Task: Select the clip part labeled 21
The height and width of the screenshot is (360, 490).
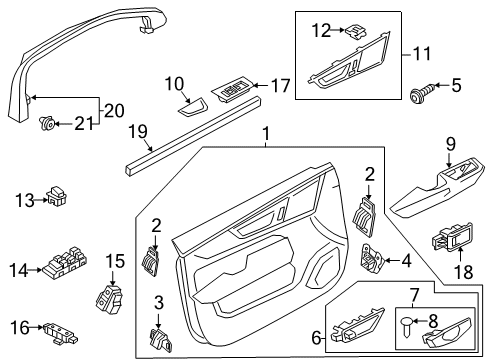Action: click(x=45, y=124)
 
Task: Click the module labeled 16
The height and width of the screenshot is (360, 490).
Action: click(x=59, y=326)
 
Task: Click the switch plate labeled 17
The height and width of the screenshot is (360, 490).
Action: click(x=233, y=91)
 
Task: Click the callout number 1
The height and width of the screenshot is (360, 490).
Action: click(x=267, y=134)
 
